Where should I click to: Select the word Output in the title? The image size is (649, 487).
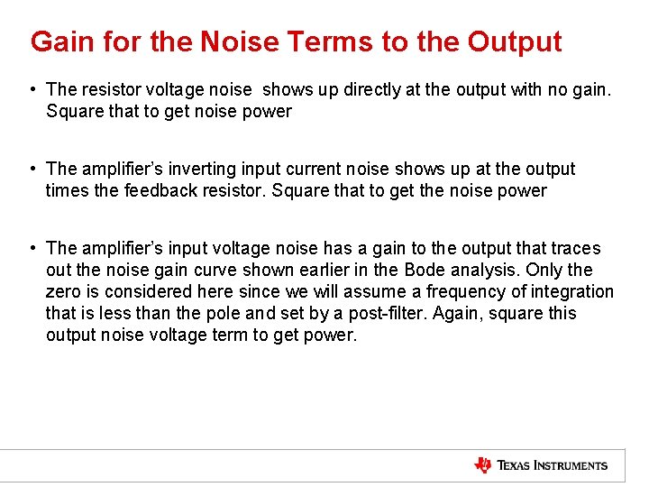pos(515,41)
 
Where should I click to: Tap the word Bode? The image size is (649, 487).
pos(425,270)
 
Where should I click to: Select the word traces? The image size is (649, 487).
pos(577,248)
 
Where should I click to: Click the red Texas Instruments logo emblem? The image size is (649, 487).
pos(483,465)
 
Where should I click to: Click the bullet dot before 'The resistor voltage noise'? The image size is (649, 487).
pos(32,89)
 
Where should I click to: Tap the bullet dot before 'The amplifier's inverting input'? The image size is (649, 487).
pos(32,169)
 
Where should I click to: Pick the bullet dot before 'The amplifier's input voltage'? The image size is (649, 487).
pos(32,248)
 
